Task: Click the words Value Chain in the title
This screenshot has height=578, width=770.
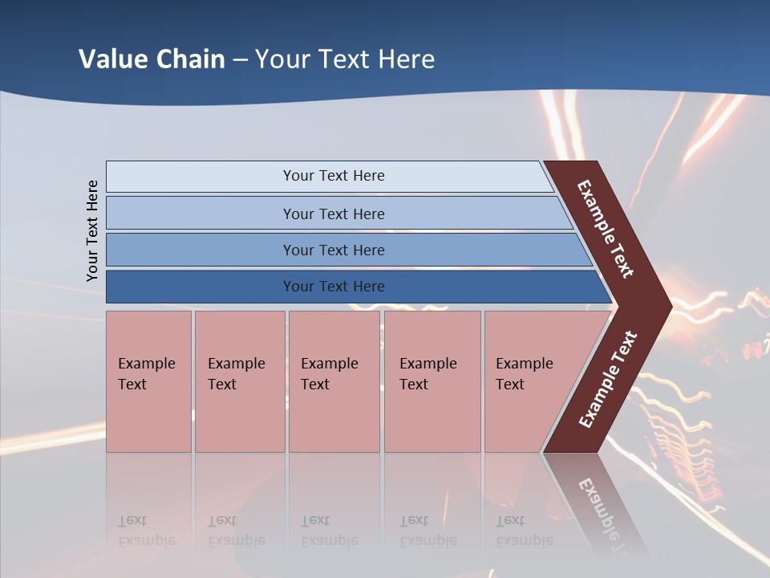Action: (x=152, y=59)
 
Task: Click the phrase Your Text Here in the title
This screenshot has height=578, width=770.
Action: (x=345, y=59)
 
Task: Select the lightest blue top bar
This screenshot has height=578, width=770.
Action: (x=201, y=177)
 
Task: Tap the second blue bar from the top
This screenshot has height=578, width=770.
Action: (x=201, y=214)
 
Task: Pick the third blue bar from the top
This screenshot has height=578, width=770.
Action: (x=201, y=250)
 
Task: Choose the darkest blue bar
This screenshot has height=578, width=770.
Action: (x=201, y=287)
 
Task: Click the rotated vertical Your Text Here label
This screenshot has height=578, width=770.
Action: (x=92, y=230)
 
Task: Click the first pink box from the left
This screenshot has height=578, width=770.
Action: (x=148, y=381)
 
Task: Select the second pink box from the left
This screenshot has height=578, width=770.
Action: (x=239, y=381)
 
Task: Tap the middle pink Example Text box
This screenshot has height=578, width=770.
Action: (x=334, y=381)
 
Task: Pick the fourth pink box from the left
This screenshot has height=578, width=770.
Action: (x=432, y=381)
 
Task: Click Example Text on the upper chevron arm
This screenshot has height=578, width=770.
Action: (x=606, y=229)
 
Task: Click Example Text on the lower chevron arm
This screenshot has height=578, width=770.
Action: (x=608, y=380)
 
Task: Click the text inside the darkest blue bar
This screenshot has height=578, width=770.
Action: (x=334, y=287)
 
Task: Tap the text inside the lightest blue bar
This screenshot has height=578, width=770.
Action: (x=334, y=176)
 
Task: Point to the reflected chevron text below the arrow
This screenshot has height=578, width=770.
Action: (x=600, y=506)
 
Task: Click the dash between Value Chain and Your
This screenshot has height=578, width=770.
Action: (x=240, y=60)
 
